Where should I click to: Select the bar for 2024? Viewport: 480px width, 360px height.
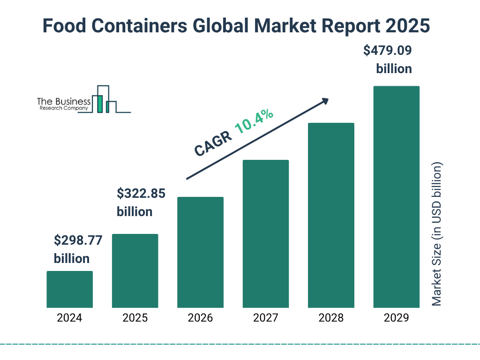point(69,289)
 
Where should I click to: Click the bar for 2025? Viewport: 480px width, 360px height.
point(135,270)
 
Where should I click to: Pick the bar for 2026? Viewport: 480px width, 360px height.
point(200,252)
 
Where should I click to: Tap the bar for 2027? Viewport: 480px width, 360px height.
point(265,233)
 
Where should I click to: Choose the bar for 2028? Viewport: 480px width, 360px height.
point(331,215)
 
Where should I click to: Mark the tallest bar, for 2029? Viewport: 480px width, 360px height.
point(396,197)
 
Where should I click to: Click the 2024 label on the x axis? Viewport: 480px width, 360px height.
point(69,318)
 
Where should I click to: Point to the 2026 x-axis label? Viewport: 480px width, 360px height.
point(200,318)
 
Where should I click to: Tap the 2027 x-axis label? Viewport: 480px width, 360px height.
point(265,318)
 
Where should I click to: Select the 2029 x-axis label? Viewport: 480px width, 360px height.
point(396,318)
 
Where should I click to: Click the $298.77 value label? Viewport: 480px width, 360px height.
point(78,241)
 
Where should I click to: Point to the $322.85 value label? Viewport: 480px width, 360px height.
point(141,194)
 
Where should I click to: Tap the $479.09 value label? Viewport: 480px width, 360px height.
point(388,51)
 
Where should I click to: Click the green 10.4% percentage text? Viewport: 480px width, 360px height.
point(254,122)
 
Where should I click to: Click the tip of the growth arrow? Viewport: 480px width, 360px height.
point(328,99)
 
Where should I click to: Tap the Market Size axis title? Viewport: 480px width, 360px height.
point(437,234)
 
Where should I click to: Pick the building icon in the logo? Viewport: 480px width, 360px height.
point(105,99)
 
